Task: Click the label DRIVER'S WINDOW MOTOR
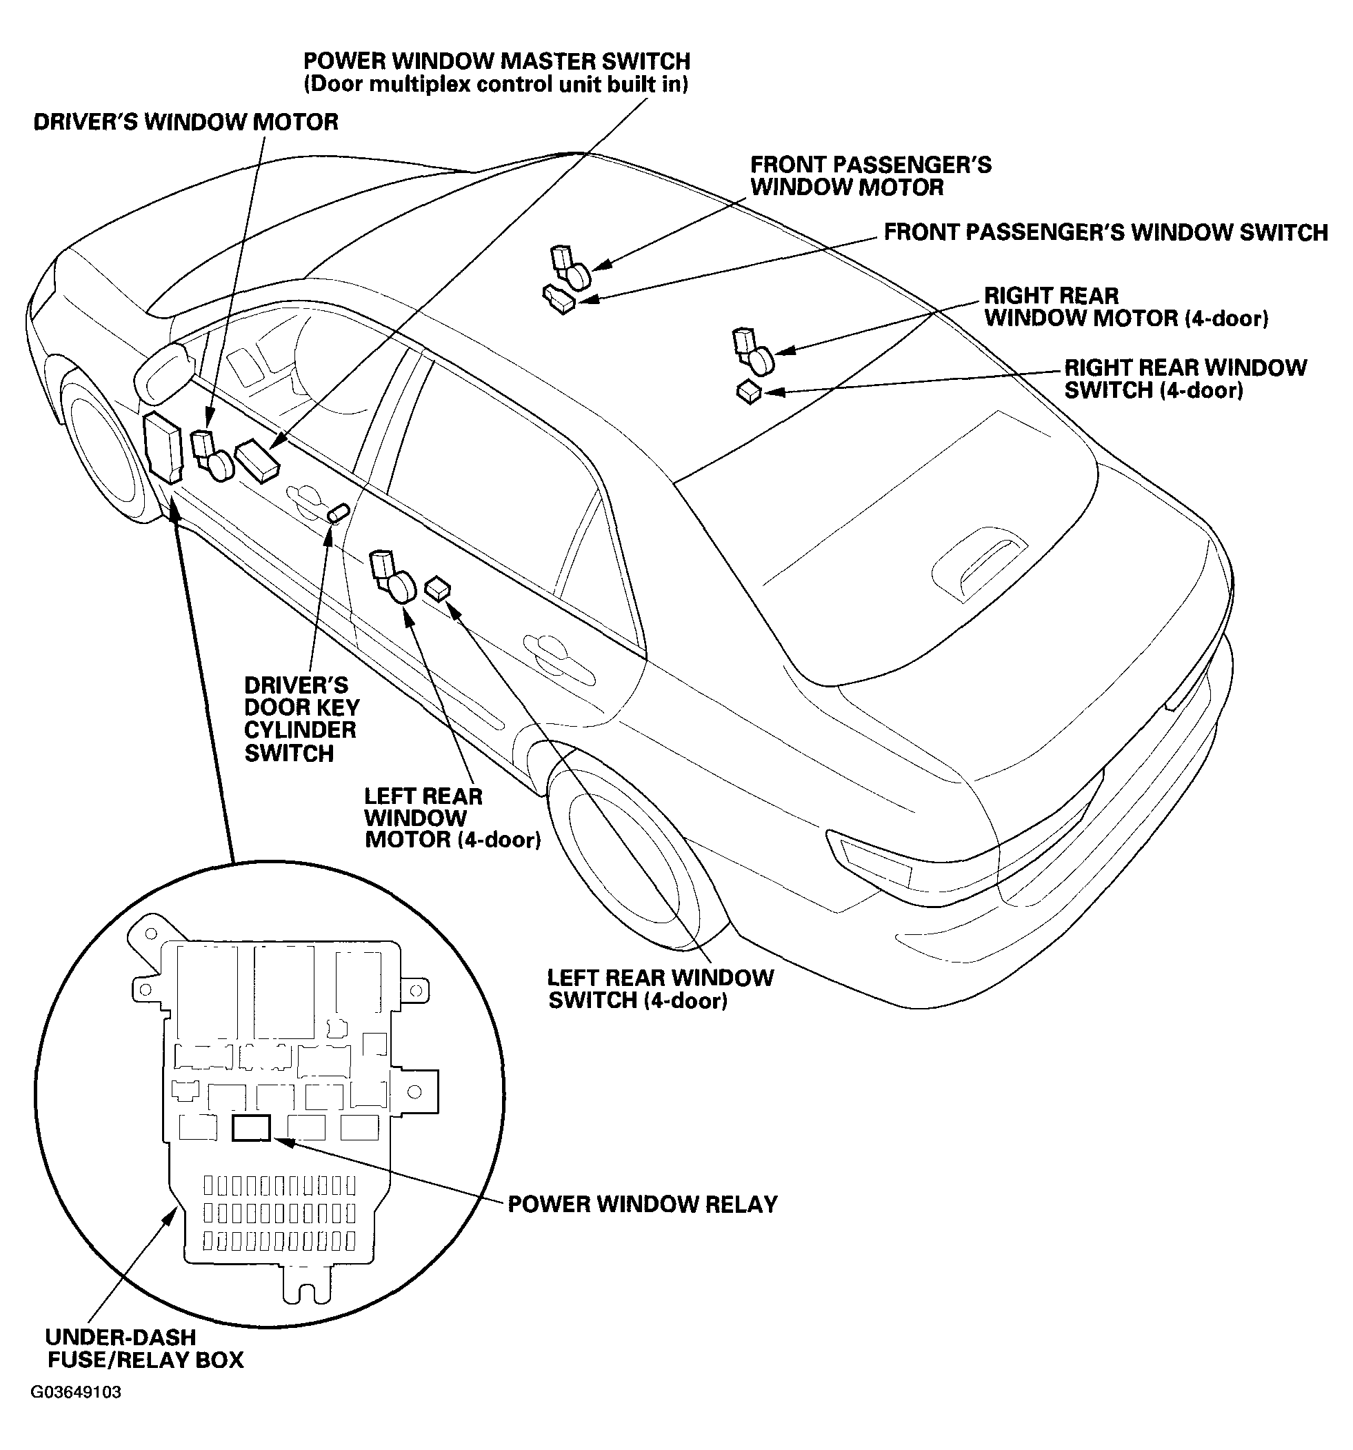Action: [186, 122]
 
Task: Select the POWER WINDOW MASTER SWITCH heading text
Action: [497, 61]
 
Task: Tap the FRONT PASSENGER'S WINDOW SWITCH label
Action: [1105, 232]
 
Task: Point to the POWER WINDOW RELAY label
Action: [643, 1203]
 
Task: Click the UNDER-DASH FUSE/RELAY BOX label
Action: [145, 1349]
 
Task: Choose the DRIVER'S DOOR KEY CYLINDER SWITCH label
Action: [301, 719]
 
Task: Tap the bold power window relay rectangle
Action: [251, 1127]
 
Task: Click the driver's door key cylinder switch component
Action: [338, 513]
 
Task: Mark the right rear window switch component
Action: [748, 392]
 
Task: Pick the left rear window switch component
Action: [437, 588]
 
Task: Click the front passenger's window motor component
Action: [570, 268]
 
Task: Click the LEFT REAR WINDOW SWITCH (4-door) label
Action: [660, 988]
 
